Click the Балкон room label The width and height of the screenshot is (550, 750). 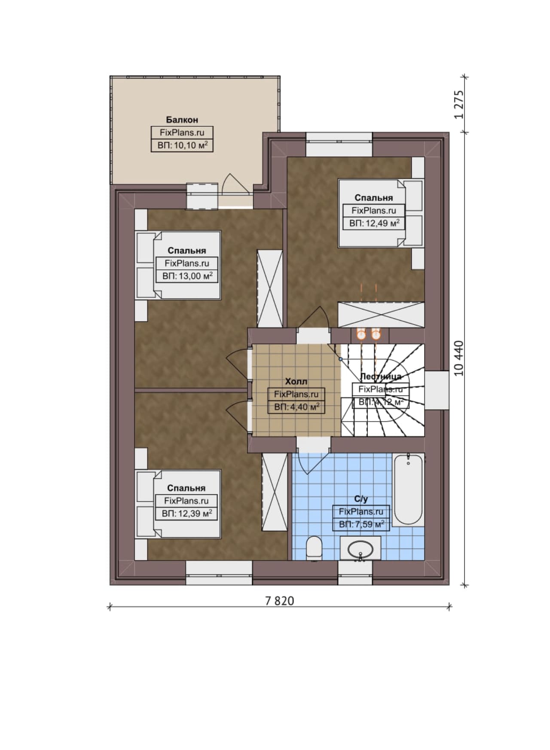182,120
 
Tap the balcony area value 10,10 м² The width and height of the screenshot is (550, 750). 183,145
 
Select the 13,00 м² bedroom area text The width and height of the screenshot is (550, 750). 187,276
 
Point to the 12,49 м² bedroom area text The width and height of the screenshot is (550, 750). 374,223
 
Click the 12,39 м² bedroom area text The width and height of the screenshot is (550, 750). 187,513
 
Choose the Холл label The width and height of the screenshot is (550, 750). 296,382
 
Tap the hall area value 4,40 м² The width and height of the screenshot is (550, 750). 297,407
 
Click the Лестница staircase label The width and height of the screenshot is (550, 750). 381,377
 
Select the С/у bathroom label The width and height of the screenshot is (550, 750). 361,499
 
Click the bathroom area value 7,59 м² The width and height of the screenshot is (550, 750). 361,524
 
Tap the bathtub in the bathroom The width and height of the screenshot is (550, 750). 408,489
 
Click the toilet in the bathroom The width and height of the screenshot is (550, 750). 315,548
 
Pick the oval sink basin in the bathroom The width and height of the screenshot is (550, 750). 360,548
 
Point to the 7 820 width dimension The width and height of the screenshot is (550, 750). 280,601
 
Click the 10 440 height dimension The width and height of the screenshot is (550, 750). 459,358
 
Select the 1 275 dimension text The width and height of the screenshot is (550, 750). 459,104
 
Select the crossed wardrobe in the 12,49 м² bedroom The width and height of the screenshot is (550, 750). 381,315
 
